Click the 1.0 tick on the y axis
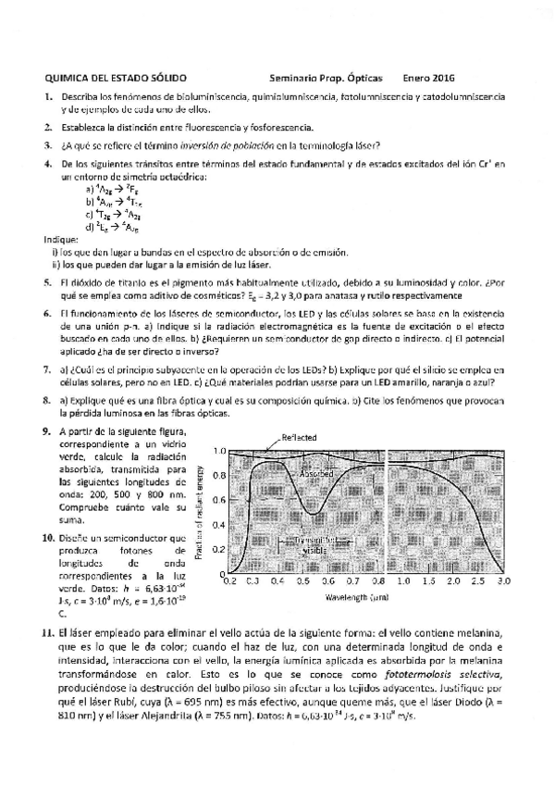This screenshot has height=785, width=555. [x=220, y=451]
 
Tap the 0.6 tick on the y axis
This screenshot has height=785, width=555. [x=220, y=500]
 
